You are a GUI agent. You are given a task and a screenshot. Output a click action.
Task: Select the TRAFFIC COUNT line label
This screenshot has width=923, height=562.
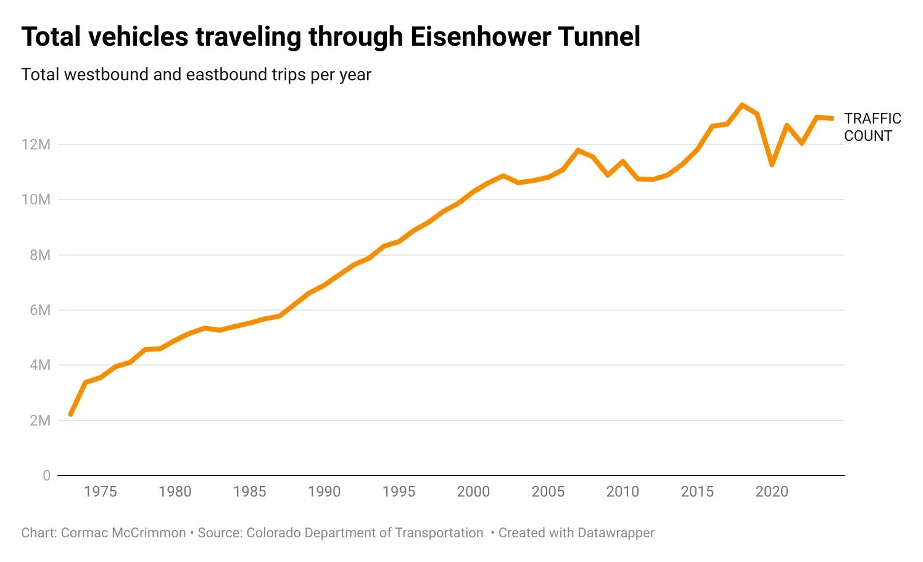click(x=872, y=127)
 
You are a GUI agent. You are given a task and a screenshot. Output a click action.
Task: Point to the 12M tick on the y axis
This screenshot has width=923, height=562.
click(x=36, y=145)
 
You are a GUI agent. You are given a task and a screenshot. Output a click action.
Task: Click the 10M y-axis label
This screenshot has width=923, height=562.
click(x=36, y=199)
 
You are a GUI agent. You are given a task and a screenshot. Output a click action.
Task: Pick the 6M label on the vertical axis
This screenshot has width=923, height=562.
click(x=39, y=310)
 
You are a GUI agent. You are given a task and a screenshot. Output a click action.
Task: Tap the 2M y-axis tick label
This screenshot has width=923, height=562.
click(x=39, y=421)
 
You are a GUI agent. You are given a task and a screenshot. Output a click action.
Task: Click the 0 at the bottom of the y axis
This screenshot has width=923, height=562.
click(x=46, y=476)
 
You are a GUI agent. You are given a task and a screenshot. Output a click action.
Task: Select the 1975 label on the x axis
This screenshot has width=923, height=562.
click(x=100, y=492)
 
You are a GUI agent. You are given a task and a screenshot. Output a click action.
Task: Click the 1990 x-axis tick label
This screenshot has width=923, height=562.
click(x=324, y=492)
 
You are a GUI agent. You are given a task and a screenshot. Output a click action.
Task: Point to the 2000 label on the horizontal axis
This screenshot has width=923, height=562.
click(x=473, y=492)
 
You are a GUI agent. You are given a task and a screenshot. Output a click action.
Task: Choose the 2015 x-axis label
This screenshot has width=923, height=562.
click(x=697, y=492)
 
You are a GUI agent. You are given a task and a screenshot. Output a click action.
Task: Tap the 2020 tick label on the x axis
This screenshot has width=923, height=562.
click(x=772, y=492)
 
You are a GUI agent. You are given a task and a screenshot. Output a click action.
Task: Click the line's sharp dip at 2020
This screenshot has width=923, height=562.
click(x=772, y=164)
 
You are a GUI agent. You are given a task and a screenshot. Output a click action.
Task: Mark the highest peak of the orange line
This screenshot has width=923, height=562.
click(x=742, y=105)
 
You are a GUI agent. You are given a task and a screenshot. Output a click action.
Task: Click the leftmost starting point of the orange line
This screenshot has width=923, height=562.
click(x=70, y=414)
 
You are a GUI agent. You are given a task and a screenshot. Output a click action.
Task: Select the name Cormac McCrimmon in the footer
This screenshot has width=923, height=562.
click(x=123, y=533)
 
